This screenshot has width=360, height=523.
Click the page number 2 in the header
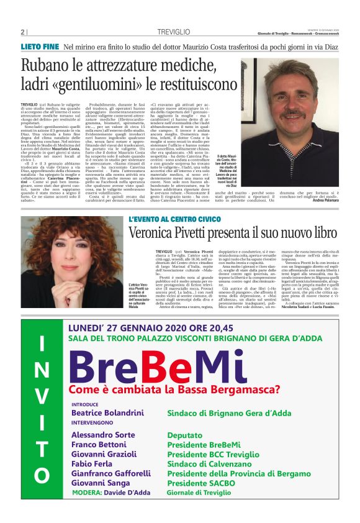(23, 32)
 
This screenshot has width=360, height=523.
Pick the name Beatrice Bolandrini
(111, 413)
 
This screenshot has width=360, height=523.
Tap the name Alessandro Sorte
(103, 435)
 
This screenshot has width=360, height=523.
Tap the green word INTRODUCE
(89, 403)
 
